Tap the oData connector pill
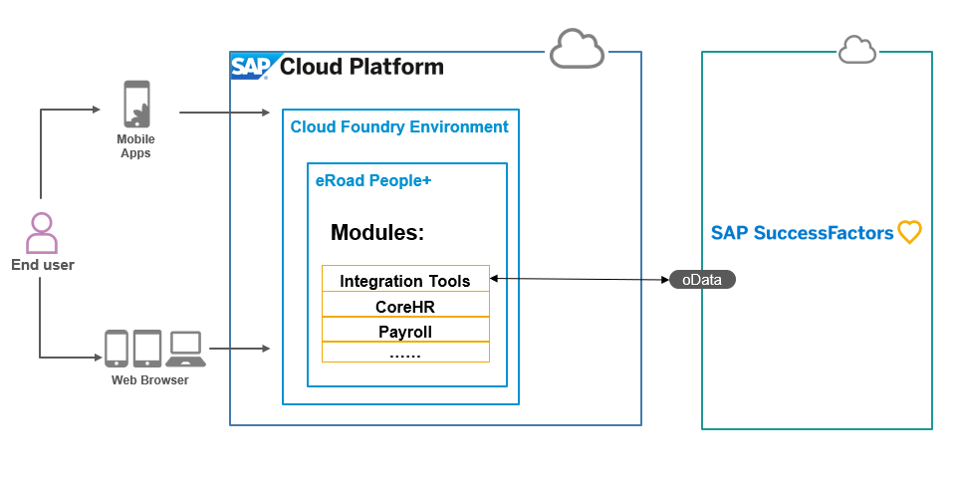point(701,280)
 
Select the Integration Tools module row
point(405,281)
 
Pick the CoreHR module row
point(405,307)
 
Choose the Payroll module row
point(405,332)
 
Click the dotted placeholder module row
point(405,354)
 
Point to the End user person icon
point(42,233)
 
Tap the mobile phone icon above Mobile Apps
point(136,104)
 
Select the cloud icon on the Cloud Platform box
point(578,49)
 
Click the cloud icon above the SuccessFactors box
point(856,49)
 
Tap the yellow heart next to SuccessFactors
point(909,233)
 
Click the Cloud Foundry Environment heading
point(399,127)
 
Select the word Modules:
point(377,233)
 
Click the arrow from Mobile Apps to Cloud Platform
point(224,113)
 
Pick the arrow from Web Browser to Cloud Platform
point(240,349)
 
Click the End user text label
point(43,265)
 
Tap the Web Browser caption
point(149,380)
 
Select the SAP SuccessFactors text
point(802,233)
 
